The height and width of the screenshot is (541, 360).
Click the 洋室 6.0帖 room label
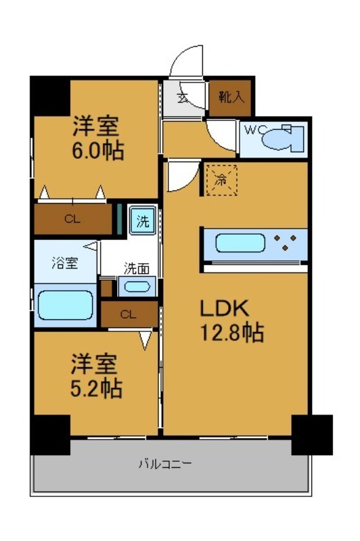97,138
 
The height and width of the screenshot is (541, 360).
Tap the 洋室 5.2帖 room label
96,377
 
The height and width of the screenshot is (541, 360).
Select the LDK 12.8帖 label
230,319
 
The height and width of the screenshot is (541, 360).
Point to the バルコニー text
166,464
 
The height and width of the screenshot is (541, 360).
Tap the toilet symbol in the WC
279,139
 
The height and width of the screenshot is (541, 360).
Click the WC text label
252,129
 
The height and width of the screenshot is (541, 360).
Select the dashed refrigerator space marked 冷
221,180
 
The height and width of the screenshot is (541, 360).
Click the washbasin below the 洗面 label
137,286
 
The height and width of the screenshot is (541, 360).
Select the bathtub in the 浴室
65,305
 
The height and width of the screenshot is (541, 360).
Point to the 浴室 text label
65,263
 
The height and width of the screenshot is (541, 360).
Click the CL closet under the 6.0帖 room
73,219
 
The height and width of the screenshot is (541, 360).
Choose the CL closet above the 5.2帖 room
129,314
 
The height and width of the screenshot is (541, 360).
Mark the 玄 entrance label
182,97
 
